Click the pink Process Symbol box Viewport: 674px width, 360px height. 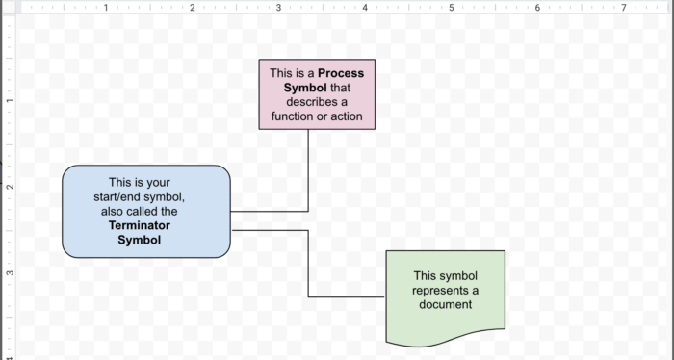tap(317, 94)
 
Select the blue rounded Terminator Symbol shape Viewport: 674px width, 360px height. tap(146, 212)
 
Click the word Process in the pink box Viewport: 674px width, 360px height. tap(341, 72)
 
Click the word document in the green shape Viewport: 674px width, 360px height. tap(445, 305)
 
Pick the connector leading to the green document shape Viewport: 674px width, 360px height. tap(308, 265)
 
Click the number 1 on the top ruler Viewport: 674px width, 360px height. tap(106, 8)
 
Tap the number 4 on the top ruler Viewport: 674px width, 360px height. tap(365, 8)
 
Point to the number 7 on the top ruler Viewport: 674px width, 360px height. tap(624, 8)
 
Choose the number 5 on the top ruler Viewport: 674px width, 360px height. tap(451, 8)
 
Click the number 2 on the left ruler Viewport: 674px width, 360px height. tap(8, 187)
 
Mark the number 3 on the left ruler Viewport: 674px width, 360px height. tap(8, 273)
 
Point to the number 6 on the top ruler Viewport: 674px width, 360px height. tap(537, 8)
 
